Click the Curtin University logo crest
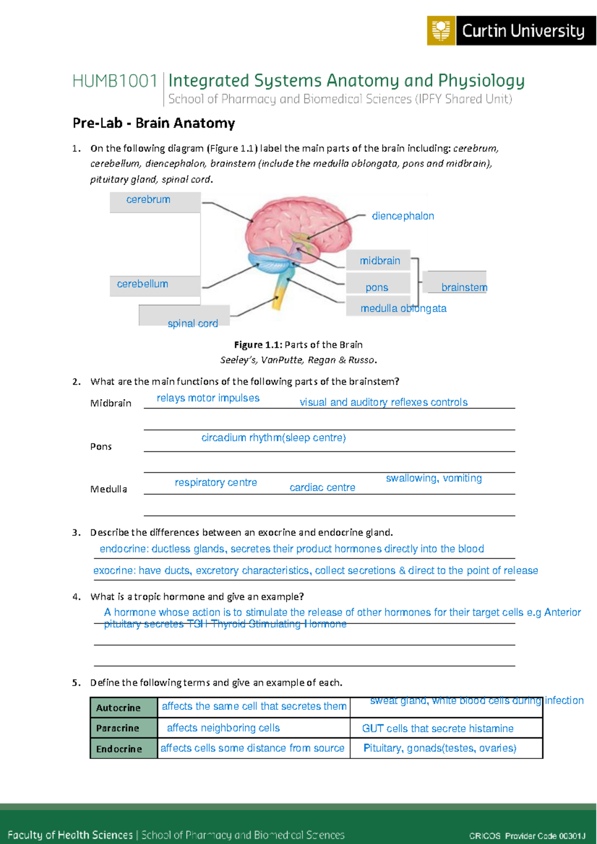click(441, 31)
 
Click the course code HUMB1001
click(115, 81)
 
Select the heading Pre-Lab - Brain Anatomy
click(154, 123)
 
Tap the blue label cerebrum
click(148, 200)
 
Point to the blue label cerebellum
click(142, 284)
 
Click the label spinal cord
click(193, 324)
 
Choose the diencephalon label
click(403, 216)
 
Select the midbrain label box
click(380, 261)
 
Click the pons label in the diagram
click(377, 288)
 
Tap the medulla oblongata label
click(403, 309)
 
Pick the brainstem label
click(464, 288)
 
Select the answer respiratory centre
click(216, 483)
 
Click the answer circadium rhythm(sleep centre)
click(274, 438)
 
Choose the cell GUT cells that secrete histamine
click(438, 729)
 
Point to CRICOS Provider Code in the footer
click(527, 836)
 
